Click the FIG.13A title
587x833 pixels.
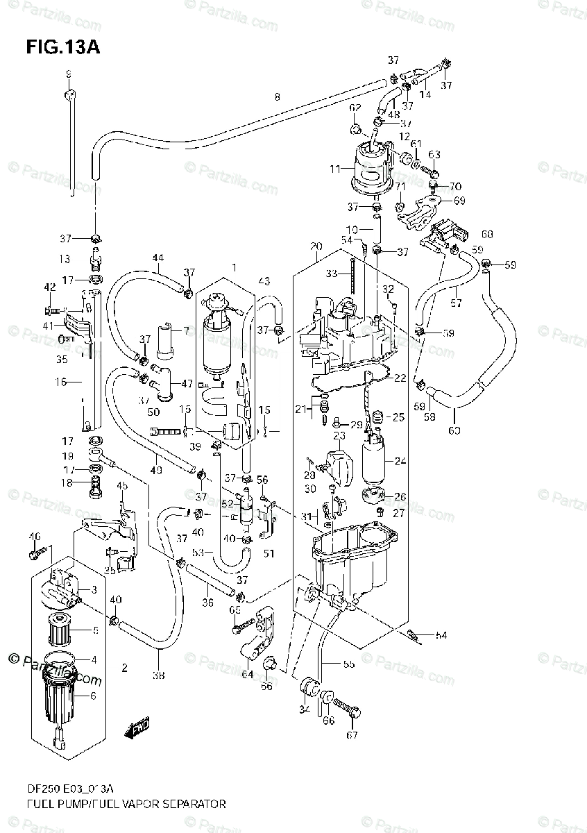(x=64, y=47)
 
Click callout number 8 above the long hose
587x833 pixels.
(x=277, y=96)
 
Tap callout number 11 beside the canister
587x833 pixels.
(x=335, y=169)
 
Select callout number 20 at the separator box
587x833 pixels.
(x=316, y=247)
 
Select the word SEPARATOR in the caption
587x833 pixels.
(x=191, y=805)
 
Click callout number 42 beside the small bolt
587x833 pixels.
(x=49, y=287)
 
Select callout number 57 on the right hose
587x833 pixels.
(x=455, y=303)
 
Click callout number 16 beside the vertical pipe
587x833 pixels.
(x=60, y=381)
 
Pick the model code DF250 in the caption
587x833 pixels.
(x=40, y=790)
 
